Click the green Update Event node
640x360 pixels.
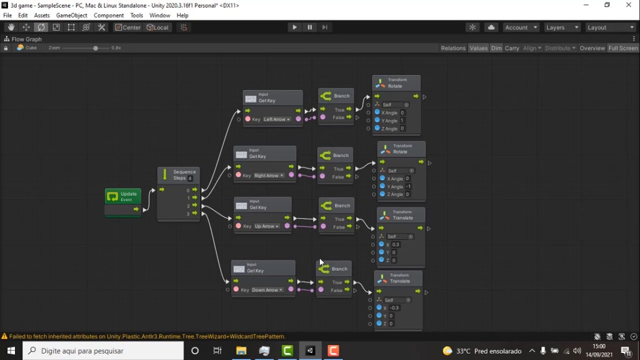point(123,196)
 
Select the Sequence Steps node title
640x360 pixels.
point(184,175)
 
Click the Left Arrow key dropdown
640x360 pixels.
point(276,119)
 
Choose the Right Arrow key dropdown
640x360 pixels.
point(269,176)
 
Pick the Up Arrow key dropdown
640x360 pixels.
point(266,226)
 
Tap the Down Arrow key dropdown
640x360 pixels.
point(267,290)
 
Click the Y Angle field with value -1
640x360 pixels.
point(408,186)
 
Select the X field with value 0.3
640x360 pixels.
point(395,244)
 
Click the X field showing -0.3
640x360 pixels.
point(394,308)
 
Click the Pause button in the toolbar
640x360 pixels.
point(309,27)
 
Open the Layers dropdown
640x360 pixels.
point(562,27)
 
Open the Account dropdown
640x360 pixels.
point(521,27)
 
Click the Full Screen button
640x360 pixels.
point(622,48)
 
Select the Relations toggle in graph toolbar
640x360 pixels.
point(453,48)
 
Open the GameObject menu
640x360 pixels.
point(71,15)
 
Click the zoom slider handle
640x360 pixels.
point(95,48)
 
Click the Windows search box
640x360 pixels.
point(103,351)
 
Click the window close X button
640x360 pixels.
point(628,5)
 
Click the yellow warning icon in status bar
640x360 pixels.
point(4,336)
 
